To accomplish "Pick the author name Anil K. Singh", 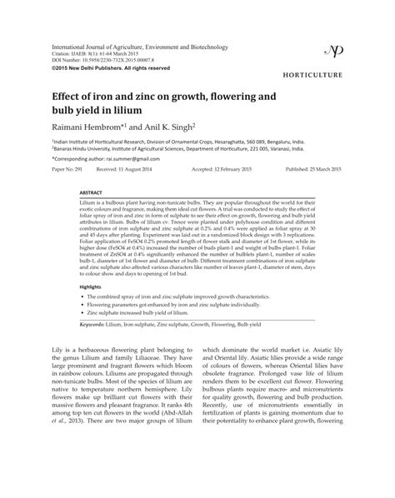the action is [166, 128].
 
